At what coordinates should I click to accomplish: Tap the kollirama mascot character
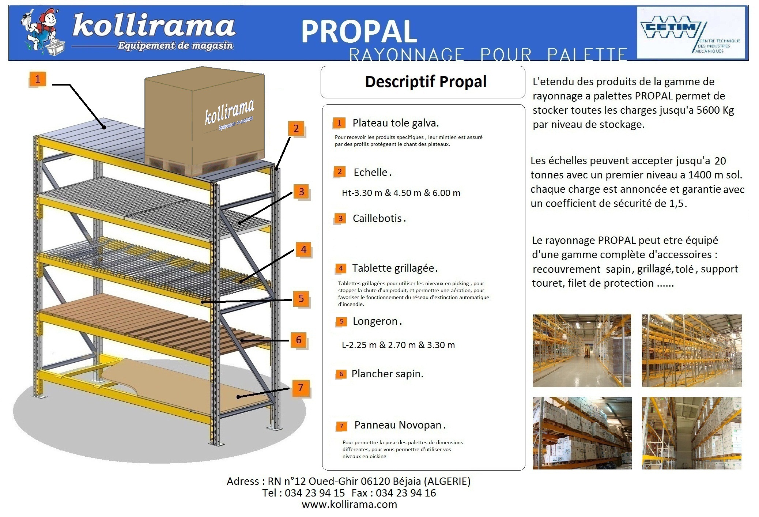tap(42, 31)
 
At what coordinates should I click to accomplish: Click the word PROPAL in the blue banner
tap(359, 32)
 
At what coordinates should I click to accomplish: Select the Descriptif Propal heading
tap(426, 82)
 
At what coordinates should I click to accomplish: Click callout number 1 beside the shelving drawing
tap(37, 79)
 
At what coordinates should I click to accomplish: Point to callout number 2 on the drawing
tap(296, 129)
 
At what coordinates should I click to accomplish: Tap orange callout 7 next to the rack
tap(301, 388)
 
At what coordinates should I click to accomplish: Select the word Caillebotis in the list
tap(377, 219)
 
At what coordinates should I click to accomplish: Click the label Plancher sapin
tap(387, 374)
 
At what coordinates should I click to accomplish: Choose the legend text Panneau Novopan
tap(398, 425)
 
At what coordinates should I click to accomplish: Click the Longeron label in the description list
tap(375, 321)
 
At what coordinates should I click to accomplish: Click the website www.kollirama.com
tap(349, 505)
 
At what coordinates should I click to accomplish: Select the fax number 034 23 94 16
tap(406, 493)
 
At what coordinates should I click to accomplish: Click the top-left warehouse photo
tap(582, 351)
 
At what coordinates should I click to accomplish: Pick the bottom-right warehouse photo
tap(691, 433)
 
